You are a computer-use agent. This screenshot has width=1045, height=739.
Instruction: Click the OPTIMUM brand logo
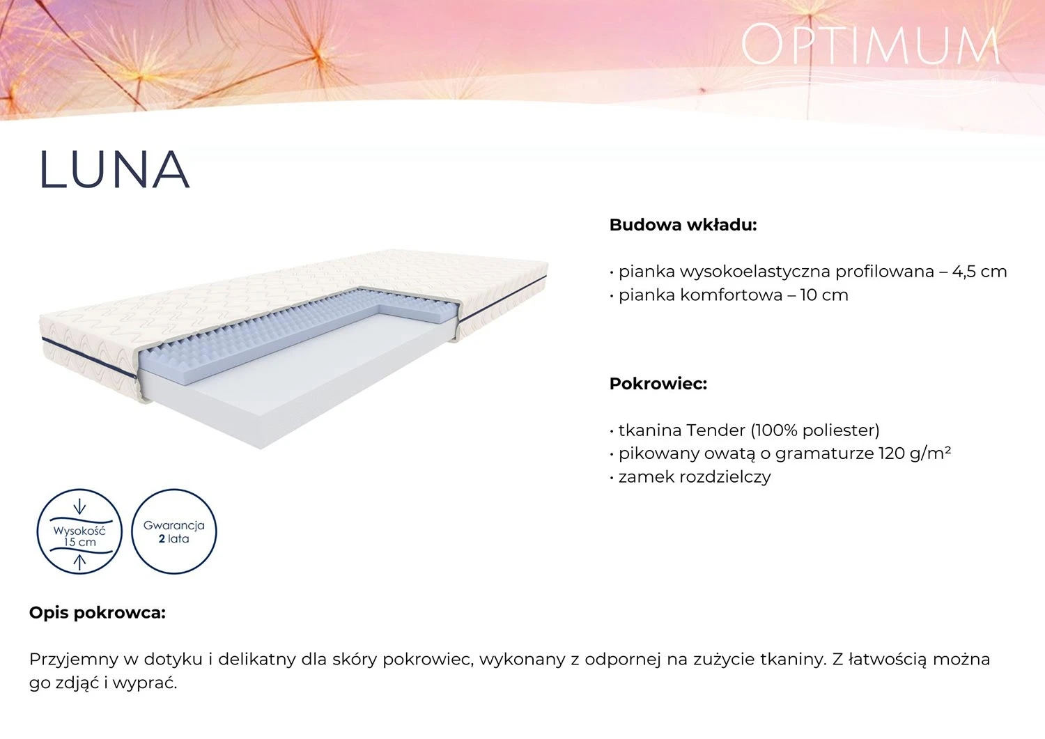click(x=869, y=44)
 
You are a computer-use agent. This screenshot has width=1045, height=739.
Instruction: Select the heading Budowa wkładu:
click(x=683, y=226)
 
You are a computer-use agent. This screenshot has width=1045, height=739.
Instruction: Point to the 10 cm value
click(x=824, y=295)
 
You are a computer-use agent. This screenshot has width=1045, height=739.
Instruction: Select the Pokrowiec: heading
click(x=658, y=384)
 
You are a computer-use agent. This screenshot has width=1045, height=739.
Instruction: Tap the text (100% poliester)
click(x=814, y=430)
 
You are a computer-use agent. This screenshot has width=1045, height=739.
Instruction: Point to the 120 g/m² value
click(x=914, y=454)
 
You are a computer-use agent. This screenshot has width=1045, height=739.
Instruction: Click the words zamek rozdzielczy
click(x=695, y=477)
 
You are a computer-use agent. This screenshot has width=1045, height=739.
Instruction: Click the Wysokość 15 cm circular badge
click(x=79, y=531)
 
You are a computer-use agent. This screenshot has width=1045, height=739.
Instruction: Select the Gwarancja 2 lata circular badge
click(x=173, y=531)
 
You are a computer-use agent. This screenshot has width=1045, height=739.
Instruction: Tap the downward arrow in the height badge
click(x=80, y=506)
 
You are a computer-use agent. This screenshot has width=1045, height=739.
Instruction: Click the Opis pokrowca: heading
click(x=98, y=613)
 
